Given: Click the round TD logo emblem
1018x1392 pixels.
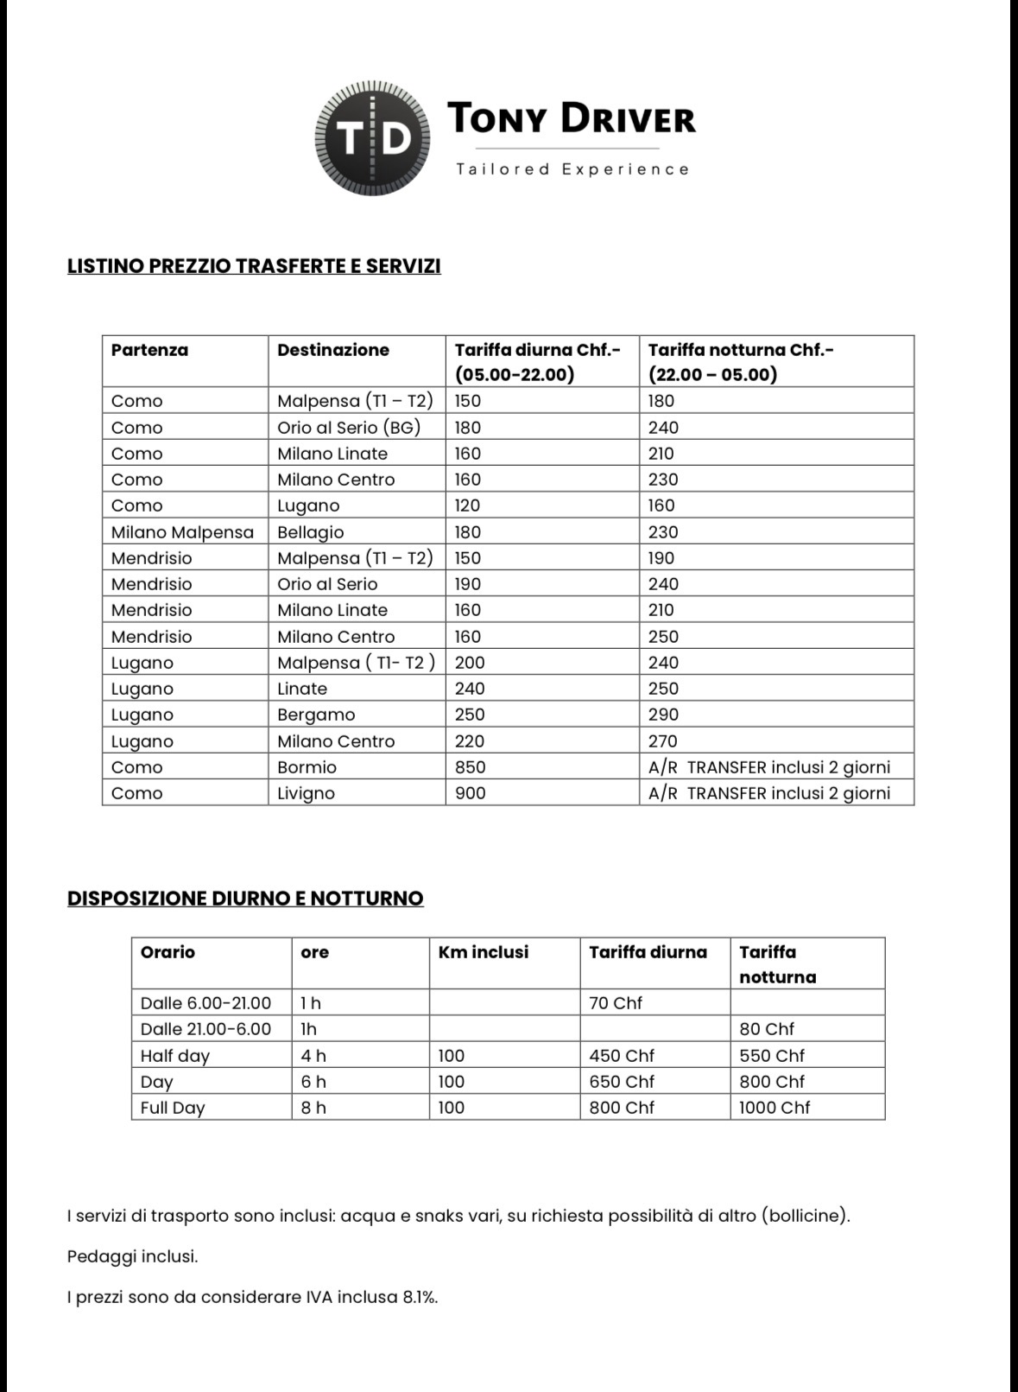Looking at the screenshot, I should click(372, 138).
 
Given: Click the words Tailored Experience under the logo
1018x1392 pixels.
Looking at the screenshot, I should click(572, 169).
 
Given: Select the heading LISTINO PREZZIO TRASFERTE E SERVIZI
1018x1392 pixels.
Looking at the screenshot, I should click(254, 266).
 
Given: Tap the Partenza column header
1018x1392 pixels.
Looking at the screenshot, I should click(149, 350).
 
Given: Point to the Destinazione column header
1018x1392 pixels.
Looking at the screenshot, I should click(333, 350).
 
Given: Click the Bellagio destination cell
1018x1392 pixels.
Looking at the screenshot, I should click(311, 532).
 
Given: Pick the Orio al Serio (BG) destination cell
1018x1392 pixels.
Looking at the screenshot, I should click(349, 428).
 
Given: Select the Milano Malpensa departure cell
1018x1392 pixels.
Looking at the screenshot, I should click(182, 532).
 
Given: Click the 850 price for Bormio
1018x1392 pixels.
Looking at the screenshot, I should click(471, 767).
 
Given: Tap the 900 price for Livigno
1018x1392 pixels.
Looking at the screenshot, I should click(471, 793).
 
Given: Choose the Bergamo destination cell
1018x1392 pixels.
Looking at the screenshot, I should click(316, 715).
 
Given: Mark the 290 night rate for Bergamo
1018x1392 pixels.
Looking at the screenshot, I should click(663, 715).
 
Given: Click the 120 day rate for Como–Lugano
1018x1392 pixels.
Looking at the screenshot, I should click(468, 505).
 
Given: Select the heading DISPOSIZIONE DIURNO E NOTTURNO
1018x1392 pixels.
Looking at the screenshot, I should click(245, 899).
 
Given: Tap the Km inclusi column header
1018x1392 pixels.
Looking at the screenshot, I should click(484, 952).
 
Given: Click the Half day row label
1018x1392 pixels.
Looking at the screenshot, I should click(175, 1056).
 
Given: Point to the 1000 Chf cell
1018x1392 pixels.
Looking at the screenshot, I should click(775, 1108).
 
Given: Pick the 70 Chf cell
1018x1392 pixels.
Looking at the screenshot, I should click(616, 1003).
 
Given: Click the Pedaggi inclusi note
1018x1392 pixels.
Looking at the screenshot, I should click(132, 1256).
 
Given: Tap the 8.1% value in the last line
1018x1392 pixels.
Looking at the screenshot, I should click(419, 1297).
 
